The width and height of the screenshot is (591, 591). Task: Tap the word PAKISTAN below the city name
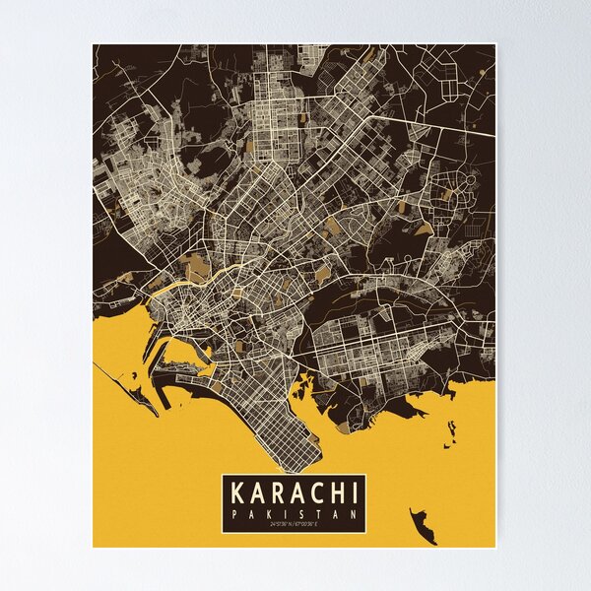click(x=295, y=514)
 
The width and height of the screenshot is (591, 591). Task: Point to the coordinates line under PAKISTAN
click(x=295, y=525)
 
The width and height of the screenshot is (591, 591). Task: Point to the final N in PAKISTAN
click(x=357, y=514)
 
